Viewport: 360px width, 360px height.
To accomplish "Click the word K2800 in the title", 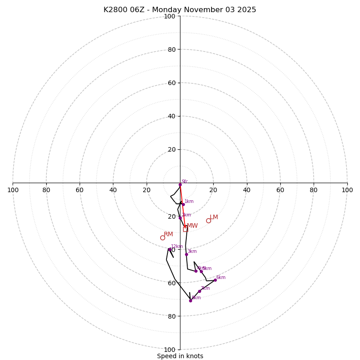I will point(115,10).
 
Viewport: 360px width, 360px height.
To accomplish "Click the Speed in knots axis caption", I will point(180,356).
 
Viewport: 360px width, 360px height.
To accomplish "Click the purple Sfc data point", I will point(180,184).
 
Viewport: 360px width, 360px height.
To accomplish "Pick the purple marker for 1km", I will point(183,204).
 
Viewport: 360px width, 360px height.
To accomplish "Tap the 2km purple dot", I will point(180,218).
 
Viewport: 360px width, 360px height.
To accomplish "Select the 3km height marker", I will point(186,254).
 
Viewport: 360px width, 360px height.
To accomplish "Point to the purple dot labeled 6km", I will point(215,280).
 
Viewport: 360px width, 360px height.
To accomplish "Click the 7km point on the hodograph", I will point(199,291).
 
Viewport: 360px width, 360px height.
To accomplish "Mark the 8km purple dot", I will point(190,301).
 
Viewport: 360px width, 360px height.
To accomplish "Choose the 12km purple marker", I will point(170,249).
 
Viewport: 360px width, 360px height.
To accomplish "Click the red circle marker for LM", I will point(208,220).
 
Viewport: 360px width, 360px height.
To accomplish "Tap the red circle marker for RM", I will point(162,238).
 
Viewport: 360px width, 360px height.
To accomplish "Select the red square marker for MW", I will point(185,229).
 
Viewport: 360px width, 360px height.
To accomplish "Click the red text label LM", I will point(214,217).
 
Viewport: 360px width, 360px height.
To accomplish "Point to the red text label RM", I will point(168,234).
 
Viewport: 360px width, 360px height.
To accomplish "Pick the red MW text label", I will point(192,226).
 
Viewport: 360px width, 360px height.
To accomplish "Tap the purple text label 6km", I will point(220,278).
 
